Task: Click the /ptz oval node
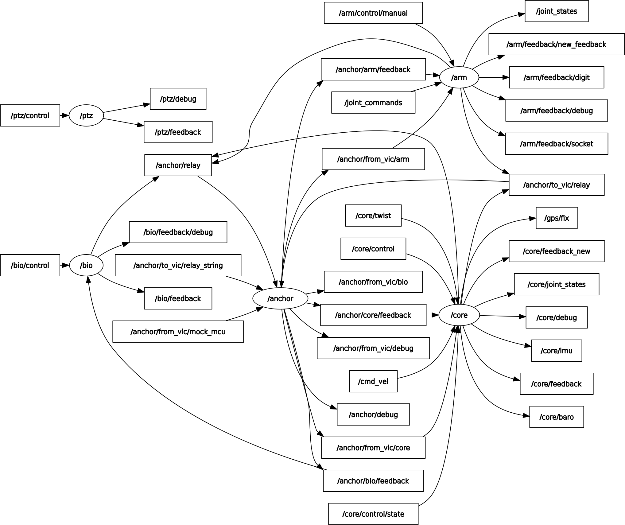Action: tap(86, 116)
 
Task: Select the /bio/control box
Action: tap(30, 265)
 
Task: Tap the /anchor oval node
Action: tap(280, 298)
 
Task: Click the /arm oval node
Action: tap(459, 78)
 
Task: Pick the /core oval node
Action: tap(459, 315)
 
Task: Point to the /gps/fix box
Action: tap(556, 218)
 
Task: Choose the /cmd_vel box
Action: tap(373, 381)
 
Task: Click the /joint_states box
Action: tap(556, 11)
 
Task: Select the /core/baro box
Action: tap(556, 417)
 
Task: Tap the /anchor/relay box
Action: tap(178, 165)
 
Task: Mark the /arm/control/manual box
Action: tap(373, 13)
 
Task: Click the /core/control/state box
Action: tap(373, 514)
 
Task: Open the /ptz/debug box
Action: tap(178, 99)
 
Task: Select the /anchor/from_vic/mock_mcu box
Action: tap(178, 332)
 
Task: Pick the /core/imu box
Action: tap(556, 351)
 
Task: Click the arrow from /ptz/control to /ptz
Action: tap(64, 116)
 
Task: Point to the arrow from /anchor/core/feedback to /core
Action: tap(432, 315)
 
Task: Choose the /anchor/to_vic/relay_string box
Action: tap(178, 265)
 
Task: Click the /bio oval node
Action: tap(86, 265)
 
